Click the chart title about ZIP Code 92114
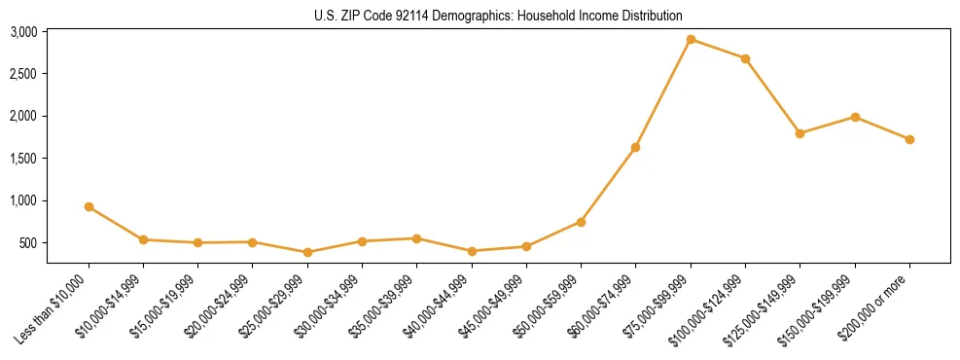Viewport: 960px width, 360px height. [499, 16]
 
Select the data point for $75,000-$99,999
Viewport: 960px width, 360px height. [691, 39]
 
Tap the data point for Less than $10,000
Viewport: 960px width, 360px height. [89, 206]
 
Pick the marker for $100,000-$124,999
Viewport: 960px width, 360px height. [745, 58]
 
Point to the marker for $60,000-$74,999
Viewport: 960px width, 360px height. [635, 147]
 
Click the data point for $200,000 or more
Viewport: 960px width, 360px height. [909, 139]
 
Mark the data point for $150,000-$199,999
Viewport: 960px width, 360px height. [855, 117]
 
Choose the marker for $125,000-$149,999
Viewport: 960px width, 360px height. [800, 133]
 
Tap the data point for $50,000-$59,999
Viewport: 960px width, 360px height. [581, 222]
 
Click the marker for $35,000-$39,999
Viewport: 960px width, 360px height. [416, 238]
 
